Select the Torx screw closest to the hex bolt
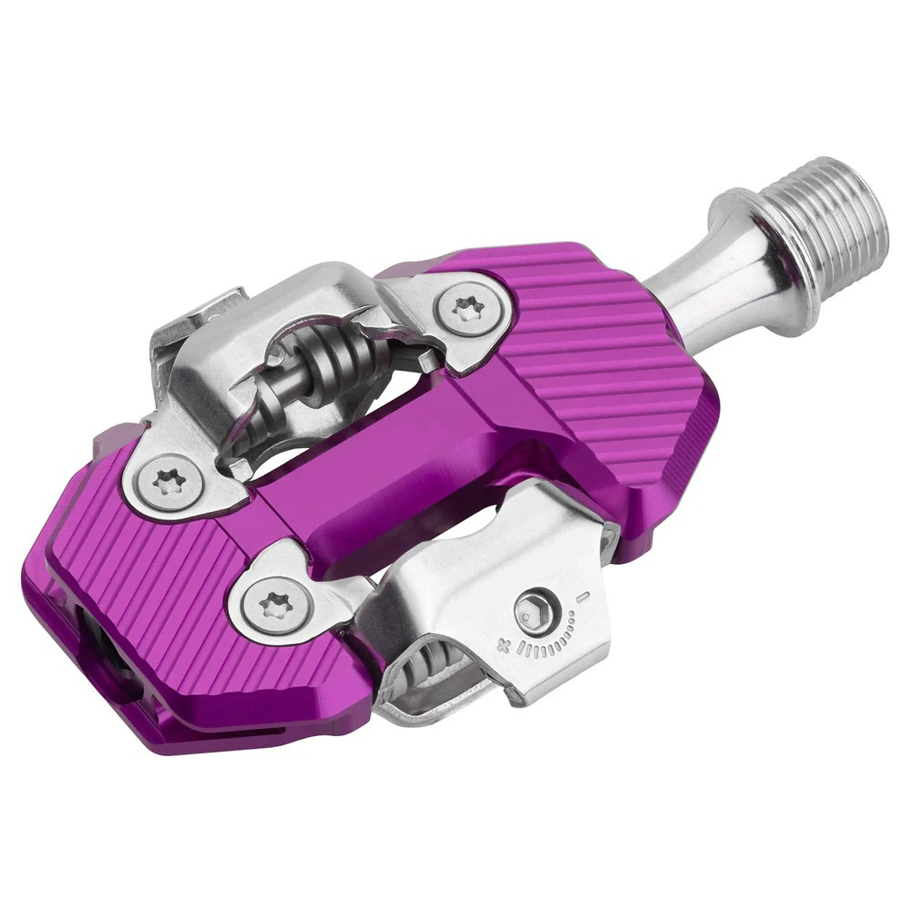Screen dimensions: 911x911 (x=270, y=602)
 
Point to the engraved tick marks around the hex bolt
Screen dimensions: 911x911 (x=552, y=639)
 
